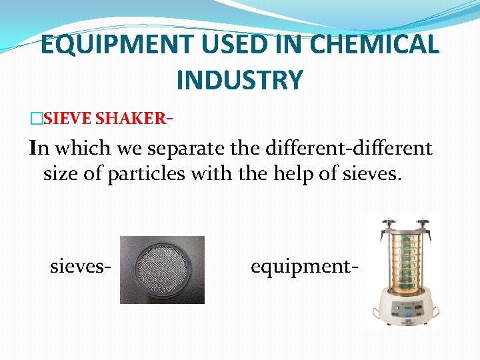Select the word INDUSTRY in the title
[x=239, y=80]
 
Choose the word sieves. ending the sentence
[x=370, y=175]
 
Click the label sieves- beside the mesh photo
[x=80, y=267]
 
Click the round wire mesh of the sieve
[x=161, y=269]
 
